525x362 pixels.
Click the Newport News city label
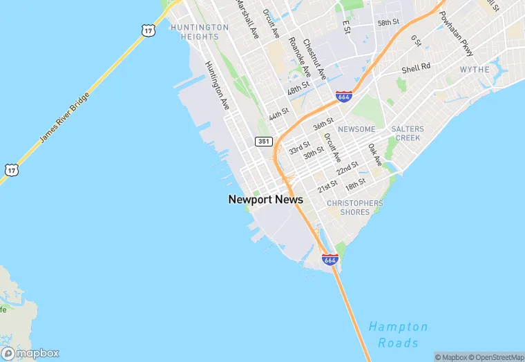(x=265, y=200)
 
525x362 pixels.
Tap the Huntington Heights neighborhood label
(x=200, y=32)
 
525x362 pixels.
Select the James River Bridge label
(x=65, y=117)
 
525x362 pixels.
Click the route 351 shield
(x=262, y=141)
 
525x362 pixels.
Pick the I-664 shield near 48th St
(x=344, y=96)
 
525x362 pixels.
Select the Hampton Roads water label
(x=398, y=334)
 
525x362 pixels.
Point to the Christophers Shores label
(x=354, y=207)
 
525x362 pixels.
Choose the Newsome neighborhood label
(x=357, y=129)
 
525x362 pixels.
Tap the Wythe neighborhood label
(x=475, y=70)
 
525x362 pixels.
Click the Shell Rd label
(x=416, y=68)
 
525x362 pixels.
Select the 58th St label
(x=388, y=23)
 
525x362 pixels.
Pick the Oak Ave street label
(x=375, y=155)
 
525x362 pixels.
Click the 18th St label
(x=356, y=184)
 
